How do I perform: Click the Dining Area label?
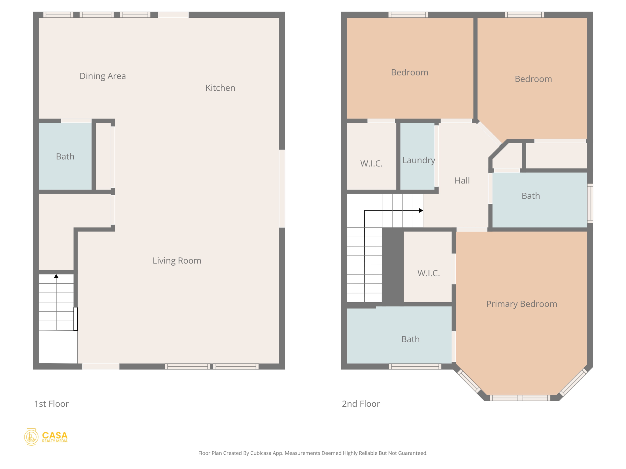point(102,76)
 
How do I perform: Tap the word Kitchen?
point(220,88)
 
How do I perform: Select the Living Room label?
point(177,260)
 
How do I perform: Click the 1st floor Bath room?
point(65,156)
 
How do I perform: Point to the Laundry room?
point(418,160)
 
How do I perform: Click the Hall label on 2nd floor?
point(462,180)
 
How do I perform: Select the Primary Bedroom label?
point(521,304)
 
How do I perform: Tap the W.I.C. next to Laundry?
point(371,163)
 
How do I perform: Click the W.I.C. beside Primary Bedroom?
point(429,273)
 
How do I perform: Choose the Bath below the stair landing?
point(410,339)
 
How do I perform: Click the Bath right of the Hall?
point(531,196)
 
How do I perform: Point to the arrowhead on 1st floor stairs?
point(56,276)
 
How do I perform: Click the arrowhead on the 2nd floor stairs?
point(421,210)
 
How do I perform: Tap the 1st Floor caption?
point(51,404)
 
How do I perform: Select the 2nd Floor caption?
point(361,404)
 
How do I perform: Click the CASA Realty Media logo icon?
point(31,437)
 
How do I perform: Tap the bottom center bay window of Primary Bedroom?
point(520,398)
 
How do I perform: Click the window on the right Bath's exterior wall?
point(590,203)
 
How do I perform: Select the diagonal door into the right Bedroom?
point(489,133)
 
